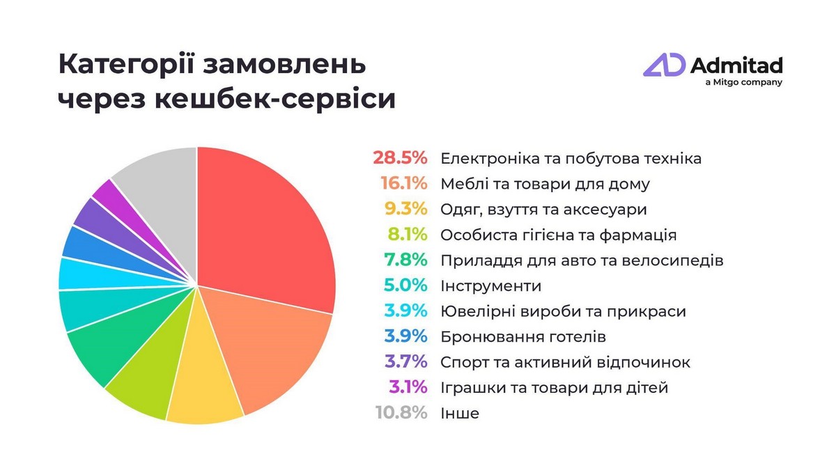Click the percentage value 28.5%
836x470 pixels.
(x=399, y=158)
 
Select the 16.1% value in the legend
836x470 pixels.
(x=403, y=184)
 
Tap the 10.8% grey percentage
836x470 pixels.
(x=399, y=413)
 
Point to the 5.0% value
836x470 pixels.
(x=404, y=285)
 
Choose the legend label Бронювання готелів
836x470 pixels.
(x=523, y=337)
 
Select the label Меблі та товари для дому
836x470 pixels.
(x=545, y=184)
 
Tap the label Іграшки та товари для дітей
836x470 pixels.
(x=554, y=388)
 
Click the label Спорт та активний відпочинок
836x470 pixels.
(x=565, y=362)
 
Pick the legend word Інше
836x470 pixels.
(x=460, y=413)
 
